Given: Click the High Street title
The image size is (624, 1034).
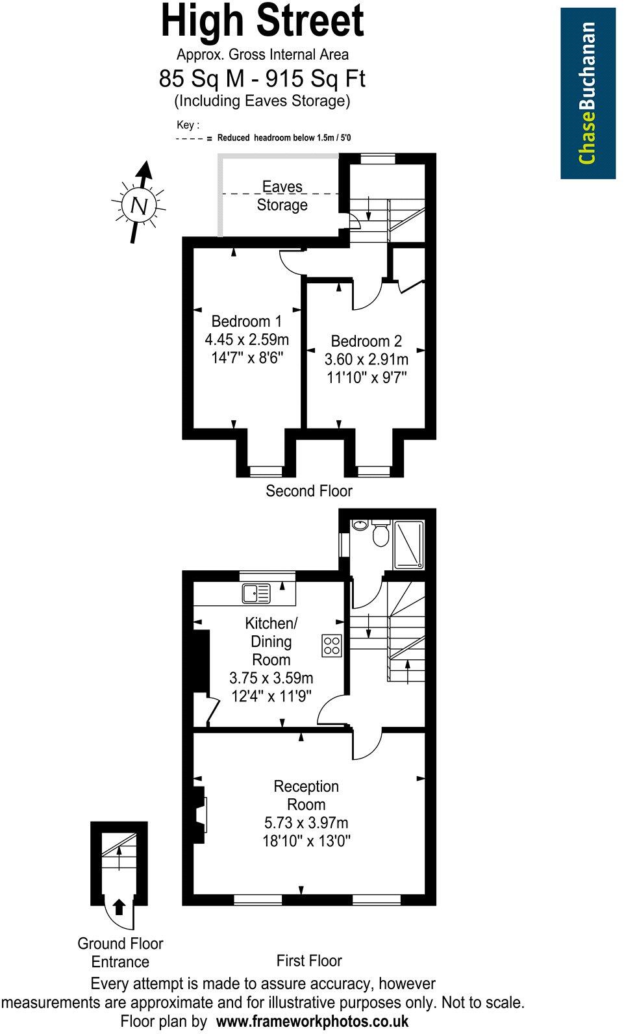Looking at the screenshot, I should coord(262,21).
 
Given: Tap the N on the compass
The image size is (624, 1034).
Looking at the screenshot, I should coord(139,205).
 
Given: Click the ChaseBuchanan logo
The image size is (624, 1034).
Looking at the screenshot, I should coord(588,93).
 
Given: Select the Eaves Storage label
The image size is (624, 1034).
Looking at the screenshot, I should coord(282,195).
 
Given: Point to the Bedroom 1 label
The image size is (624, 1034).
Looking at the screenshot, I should coord(246,321).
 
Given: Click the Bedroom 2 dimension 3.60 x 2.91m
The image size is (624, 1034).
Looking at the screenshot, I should coord(366,359).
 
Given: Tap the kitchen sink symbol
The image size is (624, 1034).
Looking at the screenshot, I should coord(256,592).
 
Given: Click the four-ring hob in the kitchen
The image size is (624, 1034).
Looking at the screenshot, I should coord(332,644).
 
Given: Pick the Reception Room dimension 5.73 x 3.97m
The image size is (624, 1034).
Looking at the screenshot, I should coord(306,823).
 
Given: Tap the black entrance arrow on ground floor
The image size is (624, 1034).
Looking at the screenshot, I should coord(119,906).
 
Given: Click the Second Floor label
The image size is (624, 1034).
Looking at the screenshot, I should coord(308,491).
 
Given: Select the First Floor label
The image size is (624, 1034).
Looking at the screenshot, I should coord(308,961).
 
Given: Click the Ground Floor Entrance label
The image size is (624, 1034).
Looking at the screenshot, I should coord(120,952).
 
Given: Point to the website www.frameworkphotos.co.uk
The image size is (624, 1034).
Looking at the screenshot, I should coord(312,1021).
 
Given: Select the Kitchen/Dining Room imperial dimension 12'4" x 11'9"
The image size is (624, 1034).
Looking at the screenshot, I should coord(271,696).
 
